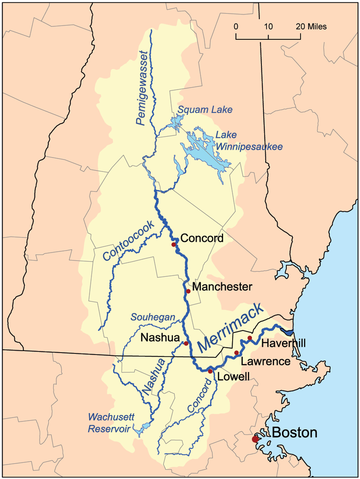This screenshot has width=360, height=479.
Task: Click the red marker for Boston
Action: click(x=256, y=437)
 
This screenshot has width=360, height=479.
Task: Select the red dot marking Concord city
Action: click(x=174, y=243)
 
